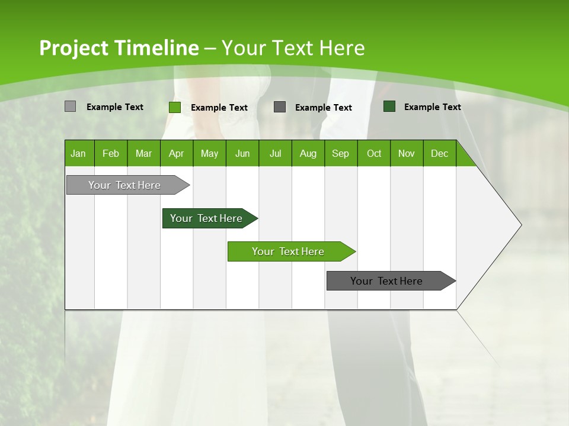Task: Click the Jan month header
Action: point(79,153)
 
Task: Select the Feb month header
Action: point(111,153)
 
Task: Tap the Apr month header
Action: point(176,153)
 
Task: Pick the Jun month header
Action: point(242,153)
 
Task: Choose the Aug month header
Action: point(308,153)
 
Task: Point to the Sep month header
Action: point(340,153)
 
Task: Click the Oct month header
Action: point(373,153)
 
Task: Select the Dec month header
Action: point(439,153)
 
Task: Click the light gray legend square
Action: point(70,106)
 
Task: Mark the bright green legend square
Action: point(175,107)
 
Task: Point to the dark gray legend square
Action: point(280,106)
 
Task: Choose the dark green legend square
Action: point(389,106)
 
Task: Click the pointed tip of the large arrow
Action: point(520,225)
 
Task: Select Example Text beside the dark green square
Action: point(432,107)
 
